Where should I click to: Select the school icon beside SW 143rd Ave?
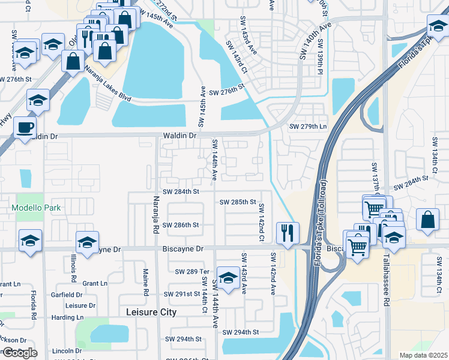pyautogui.click(x=228, y=277)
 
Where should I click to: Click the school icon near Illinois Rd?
pyautogui.click(x=87, y=242)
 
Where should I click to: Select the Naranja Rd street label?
pyautogui.click(x=155, y=214)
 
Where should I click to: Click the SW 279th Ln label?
pyautogui.click(x=308, y=126)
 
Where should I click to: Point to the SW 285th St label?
pyautogui.click(x=238, y=202)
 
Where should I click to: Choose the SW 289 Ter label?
pyautogui.click(x=191, y=271)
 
